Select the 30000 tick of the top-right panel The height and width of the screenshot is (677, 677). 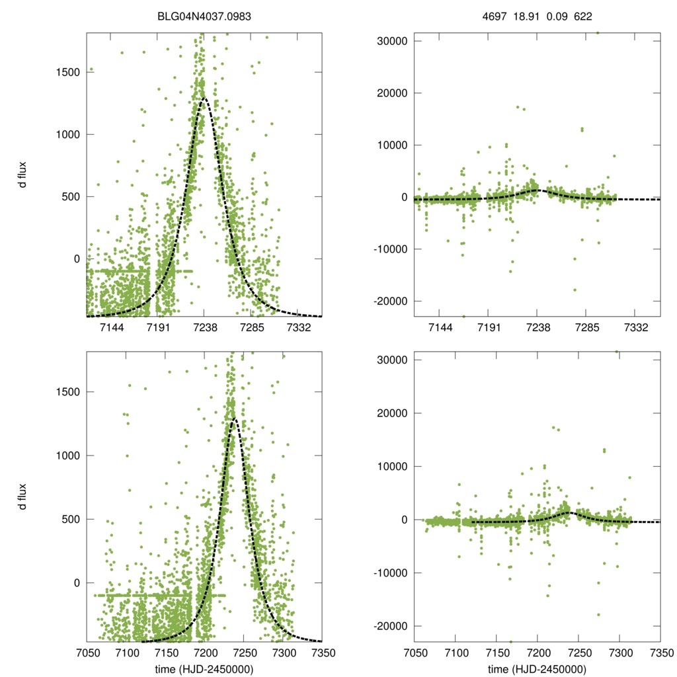click(x=391, y=41)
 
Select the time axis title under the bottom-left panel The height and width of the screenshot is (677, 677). click(x=204, y=669)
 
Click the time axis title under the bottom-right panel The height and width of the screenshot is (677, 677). click(x=537, y=669)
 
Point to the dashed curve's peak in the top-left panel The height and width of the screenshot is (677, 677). click(x=204, y=99)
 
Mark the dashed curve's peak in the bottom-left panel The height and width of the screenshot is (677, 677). click(x=233, y=418)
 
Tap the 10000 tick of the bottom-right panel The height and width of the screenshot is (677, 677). click(x=391, y=466)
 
